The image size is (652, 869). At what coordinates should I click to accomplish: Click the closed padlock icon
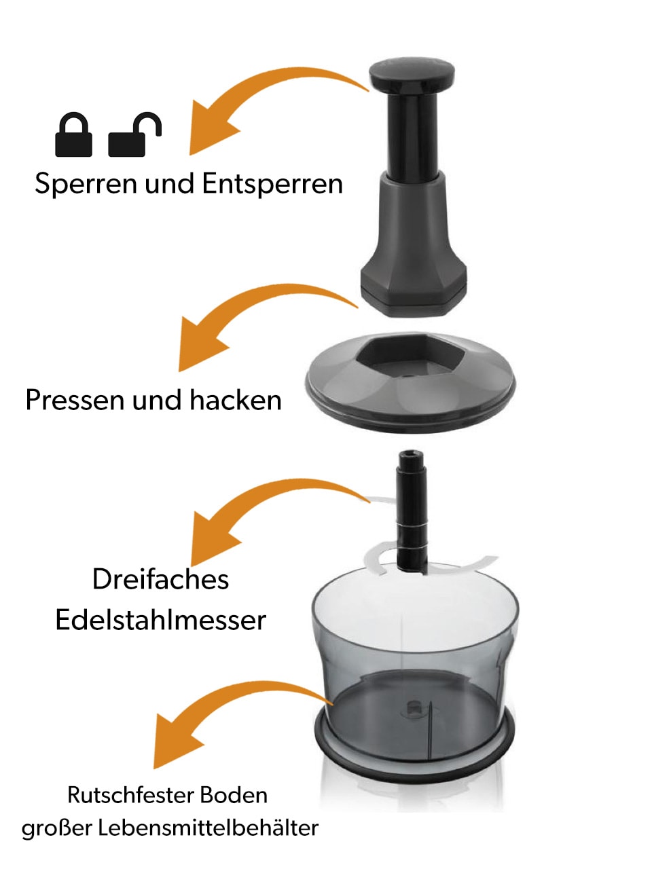click(x=73, y=134)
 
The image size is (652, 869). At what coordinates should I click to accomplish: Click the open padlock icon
click(x=134, y=134)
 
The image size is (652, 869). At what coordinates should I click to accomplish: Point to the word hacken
click(x=236, y=401)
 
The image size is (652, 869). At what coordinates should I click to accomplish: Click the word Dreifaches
click(x=161, y=580)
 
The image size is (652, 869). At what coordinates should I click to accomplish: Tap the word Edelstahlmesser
click(x=161, y=620)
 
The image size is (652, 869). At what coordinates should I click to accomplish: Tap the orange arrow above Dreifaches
click(x=257, y=497)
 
